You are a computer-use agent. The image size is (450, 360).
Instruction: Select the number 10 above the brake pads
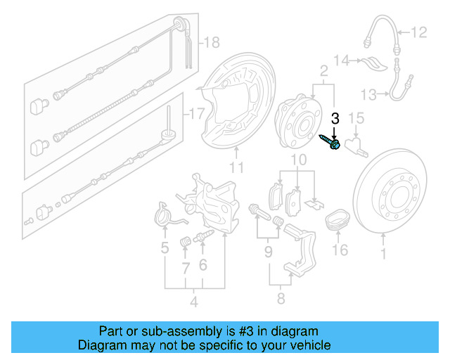(300, 161)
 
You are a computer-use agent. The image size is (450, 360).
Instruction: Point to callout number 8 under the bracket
(281, 299)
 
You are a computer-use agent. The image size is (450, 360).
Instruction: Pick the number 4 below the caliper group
(193, 303)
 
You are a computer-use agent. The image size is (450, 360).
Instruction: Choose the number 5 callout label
(165, 247)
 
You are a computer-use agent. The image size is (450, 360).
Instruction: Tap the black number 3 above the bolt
(335, 119)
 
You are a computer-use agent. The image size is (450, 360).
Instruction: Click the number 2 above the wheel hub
(324, 71)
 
